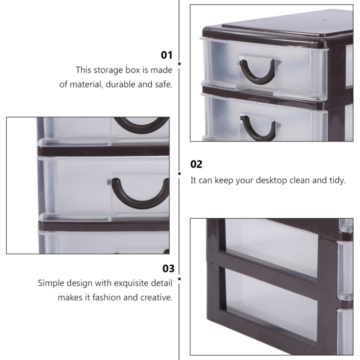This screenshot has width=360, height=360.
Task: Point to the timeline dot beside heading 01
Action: click(179, 64)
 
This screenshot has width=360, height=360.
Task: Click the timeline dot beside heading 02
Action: click(179, 173)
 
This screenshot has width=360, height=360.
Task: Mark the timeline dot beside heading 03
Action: click(179, 278)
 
